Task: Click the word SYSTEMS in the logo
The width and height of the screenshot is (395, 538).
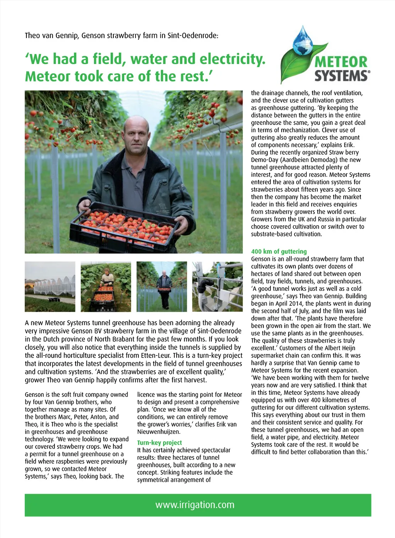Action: [342, 75]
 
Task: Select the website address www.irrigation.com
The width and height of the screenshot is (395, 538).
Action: [195, 505]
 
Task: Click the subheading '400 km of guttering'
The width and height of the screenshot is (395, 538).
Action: [279, 251]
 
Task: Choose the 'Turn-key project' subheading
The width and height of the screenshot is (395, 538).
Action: [159, 443]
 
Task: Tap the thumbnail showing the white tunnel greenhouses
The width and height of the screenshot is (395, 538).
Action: [50, 287]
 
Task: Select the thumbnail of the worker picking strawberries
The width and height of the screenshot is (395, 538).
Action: [106, 287]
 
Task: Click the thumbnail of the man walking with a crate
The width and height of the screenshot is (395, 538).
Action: [162, 287]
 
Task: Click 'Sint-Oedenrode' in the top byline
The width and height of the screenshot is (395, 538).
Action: [193, 35]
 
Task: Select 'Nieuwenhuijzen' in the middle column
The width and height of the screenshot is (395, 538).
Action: [159, 432]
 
